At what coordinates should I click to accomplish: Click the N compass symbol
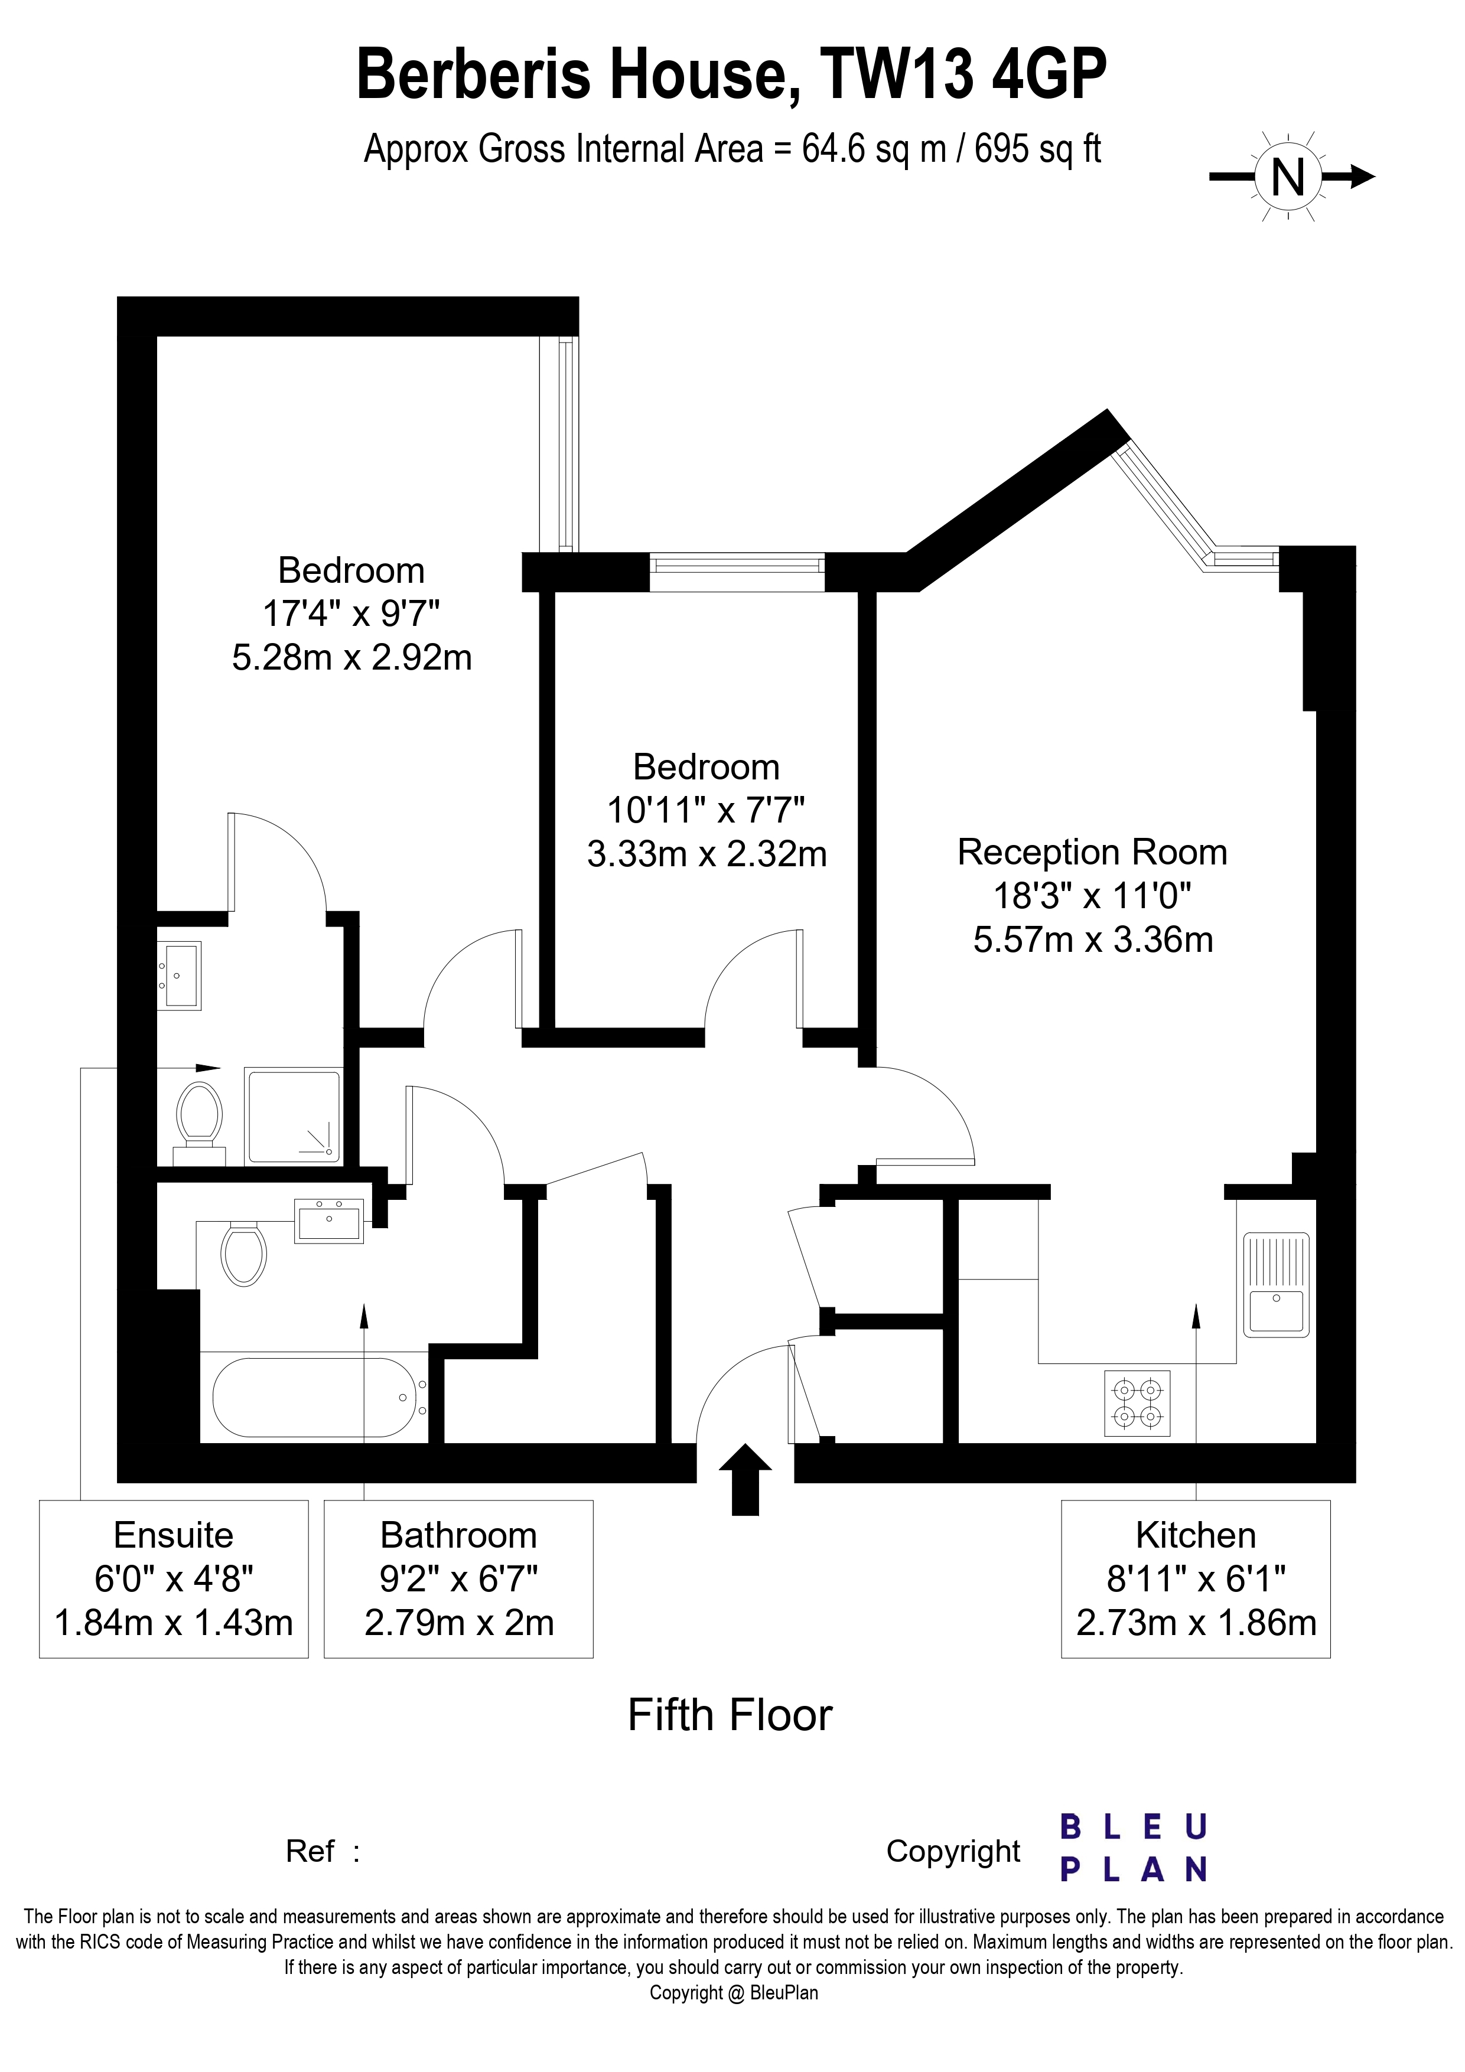coord(1288,177)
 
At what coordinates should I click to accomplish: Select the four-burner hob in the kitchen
coord(1137,1404)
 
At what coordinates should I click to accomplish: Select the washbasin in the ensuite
coord(179,975)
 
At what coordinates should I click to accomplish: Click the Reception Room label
coord(1092,852)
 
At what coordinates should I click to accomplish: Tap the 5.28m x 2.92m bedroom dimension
coord(352,657)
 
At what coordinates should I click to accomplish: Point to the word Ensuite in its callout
coord(173,1535)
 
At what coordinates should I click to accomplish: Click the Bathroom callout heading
coord(458,1535)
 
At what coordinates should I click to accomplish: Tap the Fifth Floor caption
coord(730,1715)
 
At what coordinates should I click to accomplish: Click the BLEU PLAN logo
coord(1134,1849)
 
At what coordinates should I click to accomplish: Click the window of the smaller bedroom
coord(737,572)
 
